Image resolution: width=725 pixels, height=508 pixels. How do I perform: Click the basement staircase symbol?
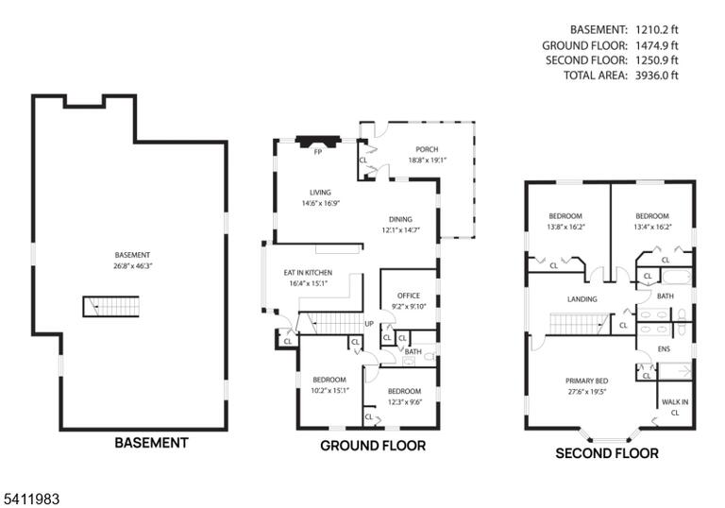pyautogui.click(x=111, y=306)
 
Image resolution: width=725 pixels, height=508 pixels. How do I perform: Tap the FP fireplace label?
pyautogui.click(x=317, y=152)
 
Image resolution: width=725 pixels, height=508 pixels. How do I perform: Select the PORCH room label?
pyautogui.click(x=427, y=149)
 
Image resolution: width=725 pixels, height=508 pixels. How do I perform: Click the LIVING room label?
pyautogui.click(x=320, y=193)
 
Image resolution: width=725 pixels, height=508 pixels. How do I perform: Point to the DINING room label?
pyautogui.click(x=400, y=219)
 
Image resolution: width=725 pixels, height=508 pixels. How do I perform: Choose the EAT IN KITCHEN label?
pyautogui.click(x=308, y=273)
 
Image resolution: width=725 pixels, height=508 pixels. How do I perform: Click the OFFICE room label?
pyautogui.click(x=409, y=296)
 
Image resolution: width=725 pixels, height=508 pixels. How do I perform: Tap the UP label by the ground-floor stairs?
pyautogui.click(x=369, y=324)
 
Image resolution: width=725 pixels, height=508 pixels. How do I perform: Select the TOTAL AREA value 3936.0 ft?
pyautogui.click(x=657, y=76)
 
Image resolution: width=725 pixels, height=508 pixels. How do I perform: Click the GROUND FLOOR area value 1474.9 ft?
pyautogui.click(x=657, y=45)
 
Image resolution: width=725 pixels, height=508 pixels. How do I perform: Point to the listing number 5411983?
pyautogui.click(x=31, y=500)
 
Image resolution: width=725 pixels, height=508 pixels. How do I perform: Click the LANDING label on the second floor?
pyautogui.click(x=582, y=299)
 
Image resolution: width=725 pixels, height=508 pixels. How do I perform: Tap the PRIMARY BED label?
pyautogui.click(x=587, y=381)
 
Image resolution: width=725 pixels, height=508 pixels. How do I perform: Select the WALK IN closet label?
pyautogui.click(x=675, y=402)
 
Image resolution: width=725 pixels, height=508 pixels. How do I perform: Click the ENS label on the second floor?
pyautogui.click(x=664, y=349)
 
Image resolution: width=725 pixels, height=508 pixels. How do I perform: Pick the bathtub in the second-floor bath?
pyautogui.click(x=677, y=278)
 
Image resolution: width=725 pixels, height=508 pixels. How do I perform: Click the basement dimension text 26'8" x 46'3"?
pyautogui.click(x=133, y=266)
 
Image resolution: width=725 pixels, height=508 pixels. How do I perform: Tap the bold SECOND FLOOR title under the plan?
pyautogui.click(x=607, y=453)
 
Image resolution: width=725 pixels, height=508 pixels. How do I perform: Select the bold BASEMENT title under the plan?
pyautogui.click(x=151, y=443)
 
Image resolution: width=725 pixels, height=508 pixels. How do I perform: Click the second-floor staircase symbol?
pyautogui.click(x=579, y=324)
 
